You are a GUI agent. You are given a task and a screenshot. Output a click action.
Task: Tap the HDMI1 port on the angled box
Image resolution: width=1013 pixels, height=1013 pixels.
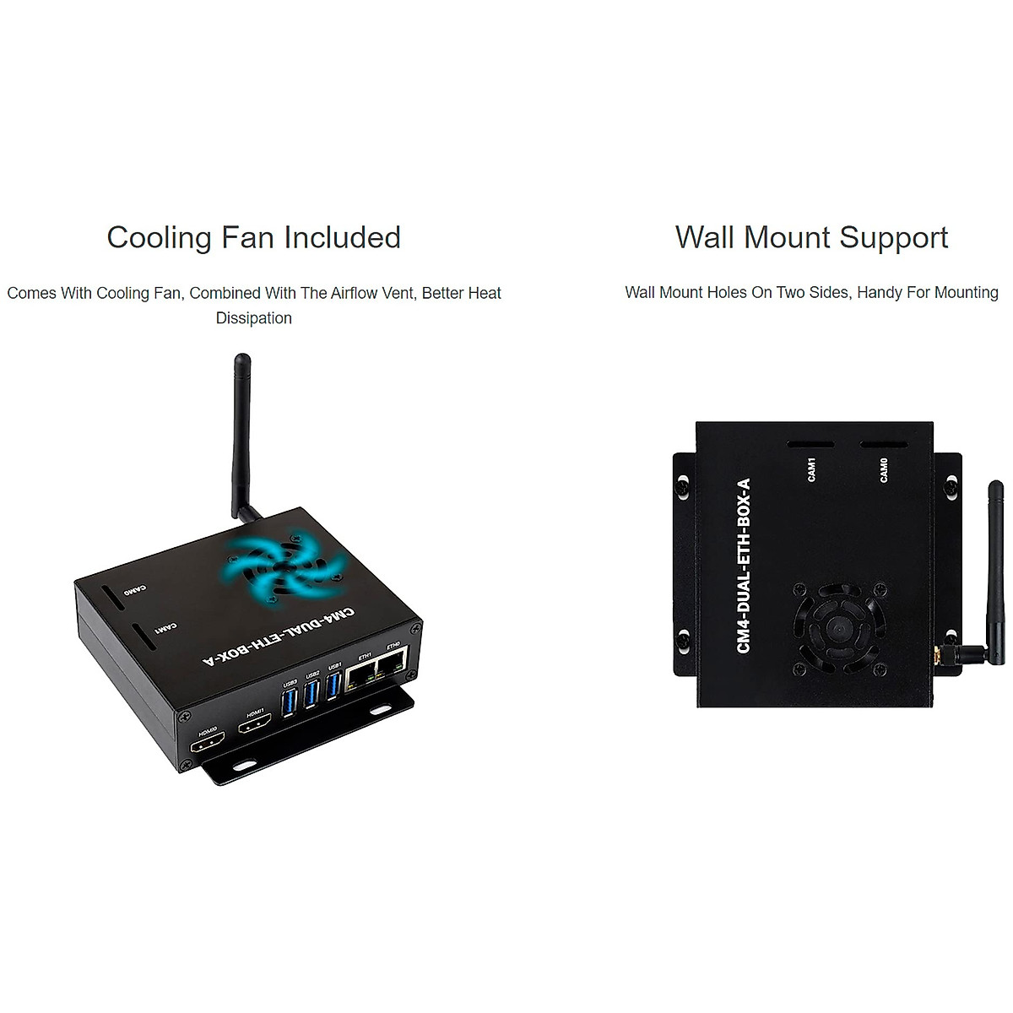point(254,725)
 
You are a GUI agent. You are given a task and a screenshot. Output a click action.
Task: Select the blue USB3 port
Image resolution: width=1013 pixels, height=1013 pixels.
point(289,701)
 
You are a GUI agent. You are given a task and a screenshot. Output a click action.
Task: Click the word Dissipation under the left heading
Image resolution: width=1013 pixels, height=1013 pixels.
point(253,318)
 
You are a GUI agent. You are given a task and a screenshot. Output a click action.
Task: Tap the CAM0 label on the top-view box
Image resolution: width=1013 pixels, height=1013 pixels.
point(884,471)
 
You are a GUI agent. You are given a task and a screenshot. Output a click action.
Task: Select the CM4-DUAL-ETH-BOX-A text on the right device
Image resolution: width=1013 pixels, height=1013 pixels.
point(744,565)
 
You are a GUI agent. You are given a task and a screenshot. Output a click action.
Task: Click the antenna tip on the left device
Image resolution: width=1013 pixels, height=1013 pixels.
point(241,360)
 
